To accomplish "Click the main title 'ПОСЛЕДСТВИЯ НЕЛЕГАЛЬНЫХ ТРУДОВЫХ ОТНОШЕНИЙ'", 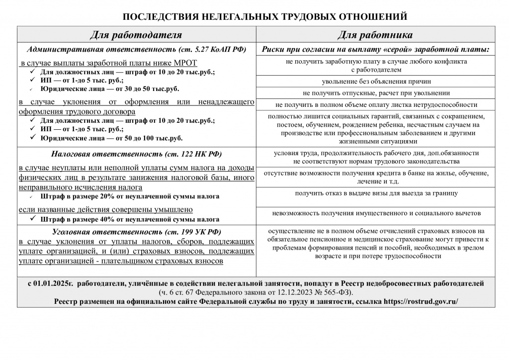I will (264, 16).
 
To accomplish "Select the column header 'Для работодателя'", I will (136, 35).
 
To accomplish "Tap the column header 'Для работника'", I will (375, 35).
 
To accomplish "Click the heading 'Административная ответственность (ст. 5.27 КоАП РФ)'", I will (137, 50).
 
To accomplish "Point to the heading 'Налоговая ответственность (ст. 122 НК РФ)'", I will (137, 153).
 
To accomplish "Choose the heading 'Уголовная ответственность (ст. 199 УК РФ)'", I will (137, 232).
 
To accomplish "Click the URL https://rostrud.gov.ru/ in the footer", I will (421, 301).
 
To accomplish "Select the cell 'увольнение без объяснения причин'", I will (376, 81).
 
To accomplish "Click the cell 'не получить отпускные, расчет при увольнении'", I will (376, 93).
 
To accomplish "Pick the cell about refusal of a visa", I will (376, 193).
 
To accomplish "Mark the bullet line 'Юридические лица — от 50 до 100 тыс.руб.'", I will (111, 138).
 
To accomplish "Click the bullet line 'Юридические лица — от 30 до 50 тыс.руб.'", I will (109, 89).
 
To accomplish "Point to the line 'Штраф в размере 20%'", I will (130, 196).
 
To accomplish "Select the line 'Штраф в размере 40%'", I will (130, 219).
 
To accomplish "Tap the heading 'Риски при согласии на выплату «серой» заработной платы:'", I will (376, 50).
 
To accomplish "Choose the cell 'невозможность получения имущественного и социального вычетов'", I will (376, 213).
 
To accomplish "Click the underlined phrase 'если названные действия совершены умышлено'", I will (105, 210).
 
